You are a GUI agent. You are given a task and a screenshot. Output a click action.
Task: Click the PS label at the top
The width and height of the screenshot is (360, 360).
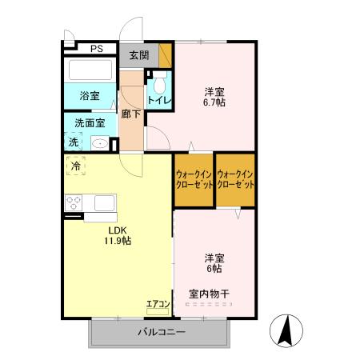(x=96, y=48)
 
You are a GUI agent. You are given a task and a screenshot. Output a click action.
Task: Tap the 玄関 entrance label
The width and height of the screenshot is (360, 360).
(x=138, y=56)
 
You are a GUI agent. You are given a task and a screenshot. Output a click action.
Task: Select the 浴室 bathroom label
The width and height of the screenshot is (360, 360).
(x=89, y=96)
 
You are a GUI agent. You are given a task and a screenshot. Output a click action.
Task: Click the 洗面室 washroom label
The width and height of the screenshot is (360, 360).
(x=89, y=123)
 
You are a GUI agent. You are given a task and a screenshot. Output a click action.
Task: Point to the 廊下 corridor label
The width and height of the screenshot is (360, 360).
(x=132, y=114)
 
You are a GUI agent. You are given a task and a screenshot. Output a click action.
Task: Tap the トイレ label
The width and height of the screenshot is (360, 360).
(x=158, y=101)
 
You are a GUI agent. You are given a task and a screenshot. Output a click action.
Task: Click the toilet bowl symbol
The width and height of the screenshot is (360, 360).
(x=158, y=82)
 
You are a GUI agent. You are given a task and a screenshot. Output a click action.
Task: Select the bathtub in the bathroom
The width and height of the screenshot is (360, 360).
(x=90, y=70)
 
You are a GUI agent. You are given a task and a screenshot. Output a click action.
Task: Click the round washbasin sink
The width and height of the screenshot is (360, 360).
(x=100, y=144)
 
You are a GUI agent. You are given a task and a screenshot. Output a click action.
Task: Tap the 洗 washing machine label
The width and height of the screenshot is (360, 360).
(x=74, y=142)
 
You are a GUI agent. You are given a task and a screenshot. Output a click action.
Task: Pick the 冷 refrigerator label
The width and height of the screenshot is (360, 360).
(x=76, y=166)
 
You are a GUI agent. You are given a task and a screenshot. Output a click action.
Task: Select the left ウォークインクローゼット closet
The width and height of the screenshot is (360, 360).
(x=194, y=179)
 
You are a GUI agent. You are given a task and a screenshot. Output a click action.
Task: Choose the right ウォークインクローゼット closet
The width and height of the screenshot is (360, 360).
(x=235, y=179)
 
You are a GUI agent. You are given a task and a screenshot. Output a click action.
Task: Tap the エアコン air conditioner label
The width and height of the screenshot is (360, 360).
(x=157, y=304)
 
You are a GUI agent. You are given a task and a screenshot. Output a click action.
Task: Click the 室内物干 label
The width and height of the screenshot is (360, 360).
(x=208, y=294)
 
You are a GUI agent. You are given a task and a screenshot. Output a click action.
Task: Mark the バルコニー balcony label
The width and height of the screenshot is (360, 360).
(x=161, y=331)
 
